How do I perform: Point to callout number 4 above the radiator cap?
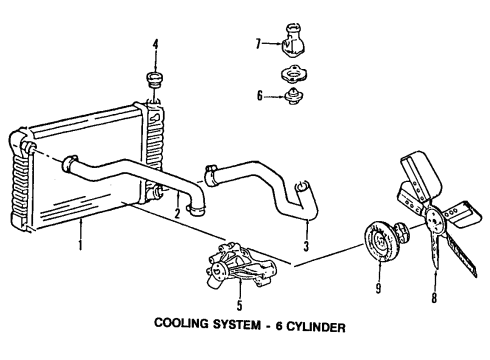pos(155,44)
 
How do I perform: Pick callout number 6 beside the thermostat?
pos(259,95)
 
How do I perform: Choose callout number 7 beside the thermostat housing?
pos(258,44)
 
